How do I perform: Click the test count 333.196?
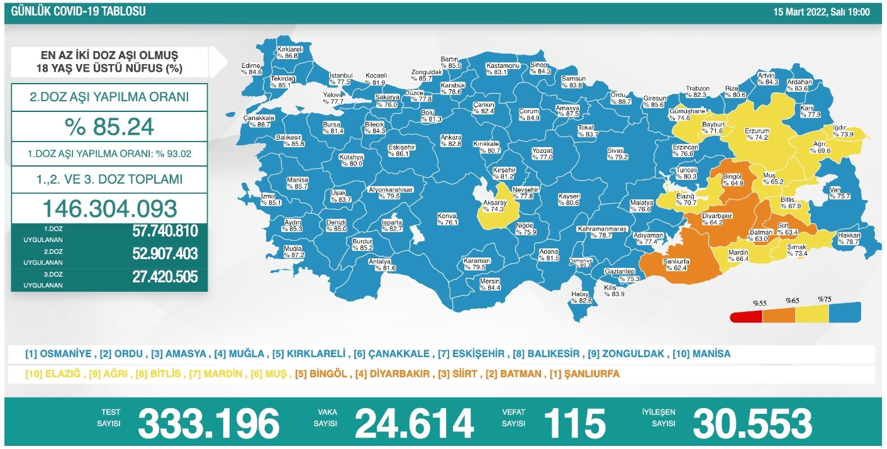pos(208,423)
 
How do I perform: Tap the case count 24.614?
pos(414,423)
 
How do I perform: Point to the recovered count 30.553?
pos(752,423)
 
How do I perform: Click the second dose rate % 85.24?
pos(109,127)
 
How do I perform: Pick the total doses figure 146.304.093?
pos(109,208)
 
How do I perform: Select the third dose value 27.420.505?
pos(165,277)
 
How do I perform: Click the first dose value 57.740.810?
pos(165,231)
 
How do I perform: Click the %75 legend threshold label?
pos(824,299)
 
